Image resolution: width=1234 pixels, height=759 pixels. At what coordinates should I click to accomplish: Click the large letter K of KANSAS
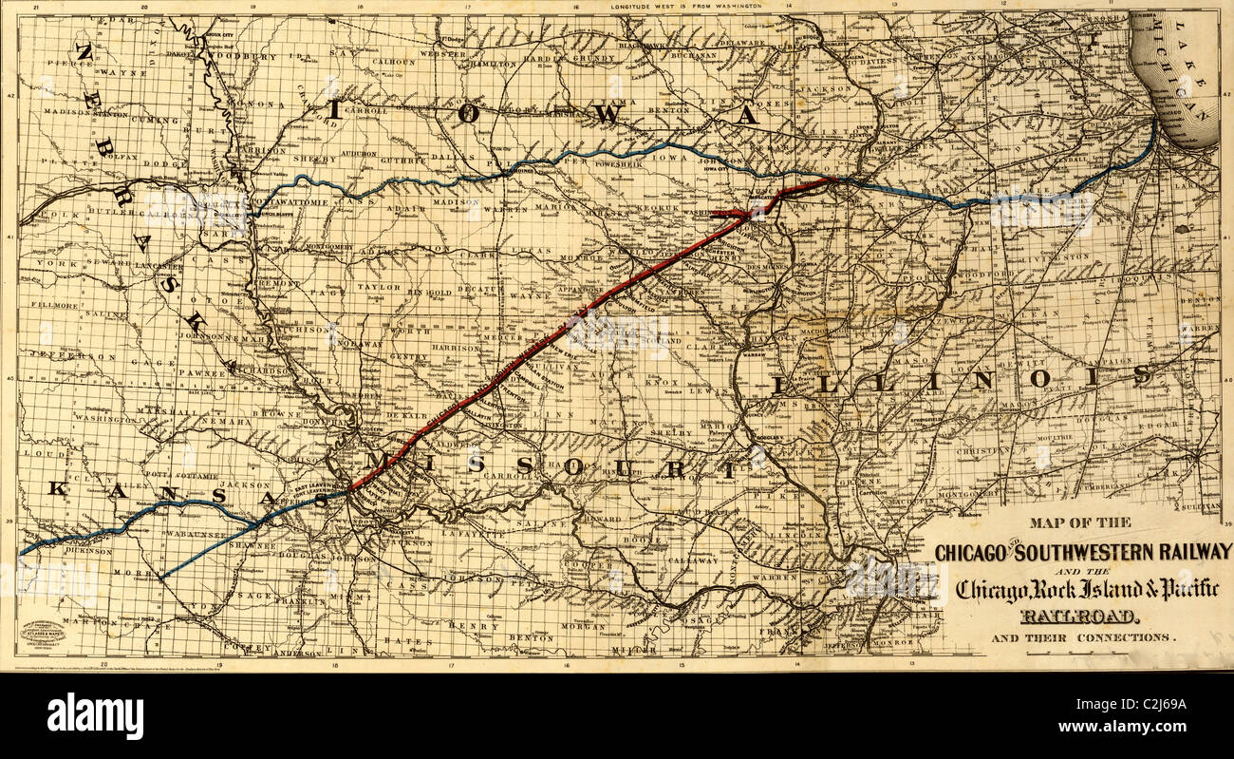(x=59, y=488)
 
